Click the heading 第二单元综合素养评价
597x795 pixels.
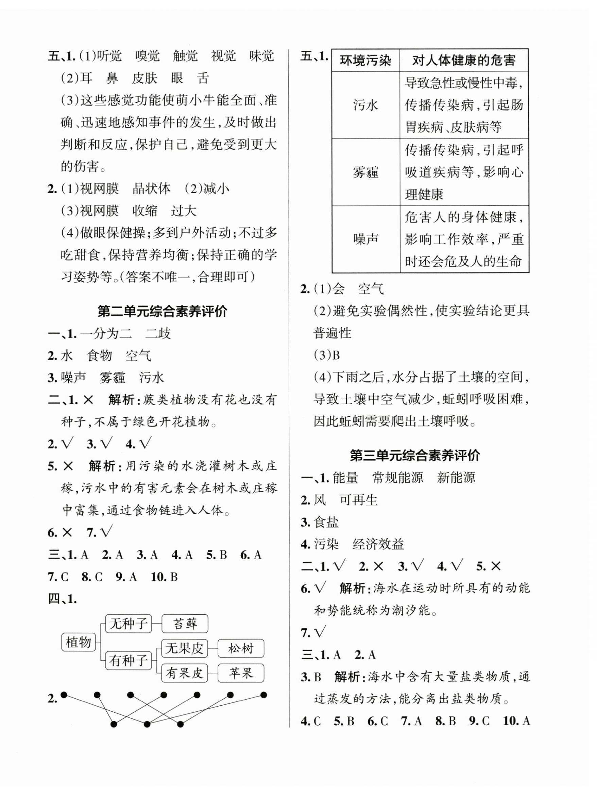coord(163,312)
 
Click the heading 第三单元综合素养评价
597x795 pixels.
coord(415,456)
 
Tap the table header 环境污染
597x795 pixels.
coord(365,60)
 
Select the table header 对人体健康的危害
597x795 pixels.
coord(463,60)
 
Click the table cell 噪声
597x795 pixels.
coord(365,239)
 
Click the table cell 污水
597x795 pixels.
coord(365,105)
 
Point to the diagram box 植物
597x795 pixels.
coord(79,642)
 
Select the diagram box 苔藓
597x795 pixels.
coord(185,624)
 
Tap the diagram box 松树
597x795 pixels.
coord(241,648)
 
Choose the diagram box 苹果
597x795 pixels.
coord(241,673)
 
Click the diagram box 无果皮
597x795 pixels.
coord(184,648)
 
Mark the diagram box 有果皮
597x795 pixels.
coord(184,673)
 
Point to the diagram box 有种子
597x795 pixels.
coord(128,661)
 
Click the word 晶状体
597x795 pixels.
coord(152,189)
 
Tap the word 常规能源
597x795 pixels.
coord(397,478)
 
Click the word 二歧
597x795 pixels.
coord(158,333)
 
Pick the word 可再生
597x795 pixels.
coord(358,500)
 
